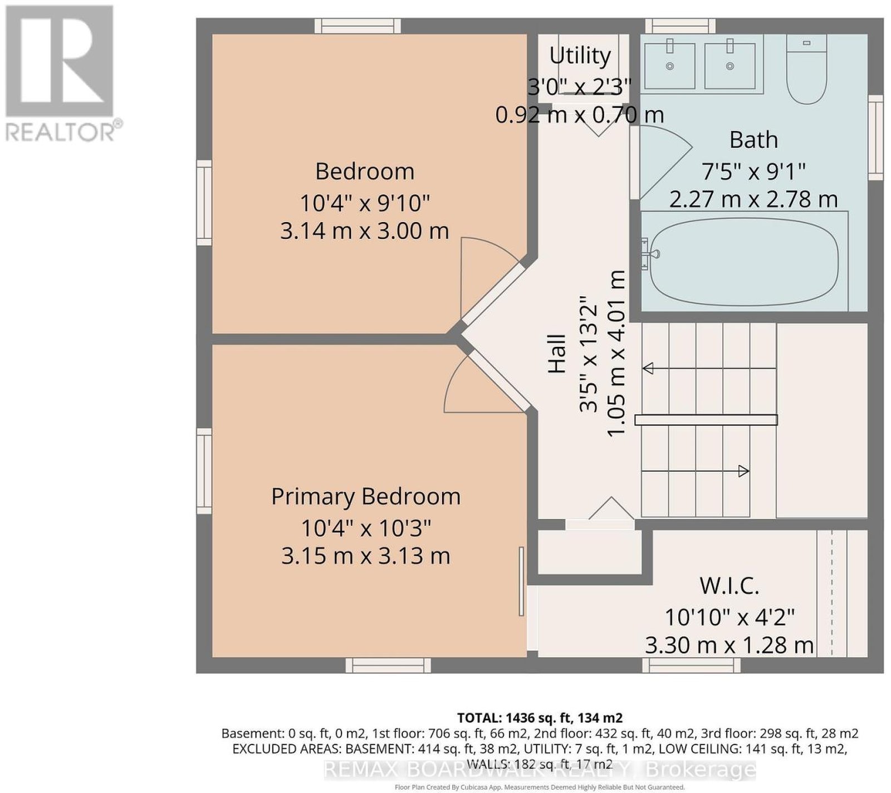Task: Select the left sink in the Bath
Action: pyautogui.click(x=669, y=65)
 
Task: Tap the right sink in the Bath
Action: pyautogui.click(x=730, y=65)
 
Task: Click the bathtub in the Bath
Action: pyautogui.click(x=745, y=261)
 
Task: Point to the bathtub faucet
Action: pyautogui.click(x=649, y=254)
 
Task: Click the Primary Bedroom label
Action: pyautogui.click(x=366, y=496)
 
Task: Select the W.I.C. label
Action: pyautogui.click(x=730, y=585)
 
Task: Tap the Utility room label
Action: pyautogui.click(x=580, y=56)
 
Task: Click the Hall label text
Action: pyautogui.click(x=557, y=354)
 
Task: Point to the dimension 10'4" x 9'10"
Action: pyautogui.click(x=365, y=203)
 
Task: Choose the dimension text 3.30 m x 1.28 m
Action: pyautogui.click(x=730, y=645)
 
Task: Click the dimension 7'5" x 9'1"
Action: pyautogui.click(x=753, y=171)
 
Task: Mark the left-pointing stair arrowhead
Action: pyautogui.click(x=648, y=368)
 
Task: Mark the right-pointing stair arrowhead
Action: pyautogui.click(x=743, y=471)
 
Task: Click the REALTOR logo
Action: pyautogui.click(x=61, y=74)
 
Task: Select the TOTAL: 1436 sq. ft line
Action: pyautogui.click(x=540, y=718)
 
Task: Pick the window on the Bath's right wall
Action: pyautogui.click(x=875, y=137)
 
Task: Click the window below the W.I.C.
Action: pyautogui.click(x=691, y=665)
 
